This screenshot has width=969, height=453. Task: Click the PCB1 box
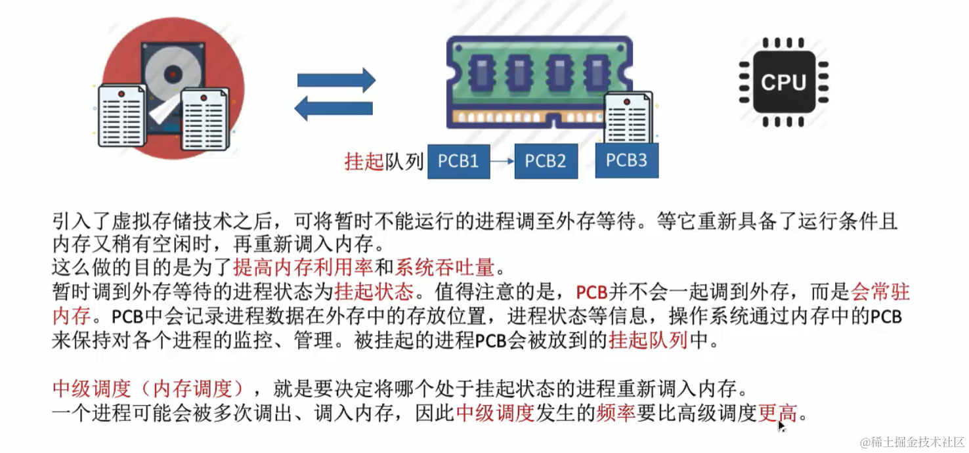click(x=458, y=162)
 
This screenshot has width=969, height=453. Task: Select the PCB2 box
click(x=546, y=162)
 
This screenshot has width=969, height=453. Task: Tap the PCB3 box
click(x=626, y=161)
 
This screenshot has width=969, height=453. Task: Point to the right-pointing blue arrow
click(x=336, y=80)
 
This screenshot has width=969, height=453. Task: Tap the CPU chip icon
click(x=783, y=83)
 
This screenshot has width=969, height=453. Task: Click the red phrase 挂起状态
click(x=374, y=291)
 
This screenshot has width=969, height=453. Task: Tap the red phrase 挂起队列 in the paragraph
click(x=648, y=341)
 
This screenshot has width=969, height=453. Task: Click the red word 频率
click(x=615, y=413)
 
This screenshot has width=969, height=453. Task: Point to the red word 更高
click(x=778, y=413)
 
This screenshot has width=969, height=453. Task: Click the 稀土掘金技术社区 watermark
click(x=913, y=442)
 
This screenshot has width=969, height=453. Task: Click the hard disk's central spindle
click(x=173, y=71)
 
